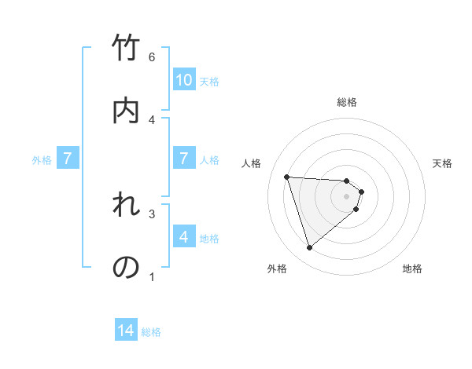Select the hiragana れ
pos(126,206)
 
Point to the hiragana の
pos(126,267)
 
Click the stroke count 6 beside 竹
pos(152,57)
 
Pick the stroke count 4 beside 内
pos(152,119)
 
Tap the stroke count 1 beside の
pos(152,276)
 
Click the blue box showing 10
pos(184,80)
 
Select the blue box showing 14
pos(126,331)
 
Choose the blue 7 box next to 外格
pos(68,159)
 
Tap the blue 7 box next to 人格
pos(184,159)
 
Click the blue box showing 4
pos(184,237)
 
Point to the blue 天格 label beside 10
pos(209,82)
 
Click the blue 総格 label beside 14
pos(151,332)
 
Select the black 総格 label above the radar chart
pos(347,102)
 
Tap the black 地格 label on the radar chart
pos(412,269)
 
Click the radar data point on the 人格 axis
pos(286,177)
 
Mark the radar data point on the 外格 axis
pos(309,248)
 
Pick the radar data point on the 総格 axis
pos(347,180)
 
